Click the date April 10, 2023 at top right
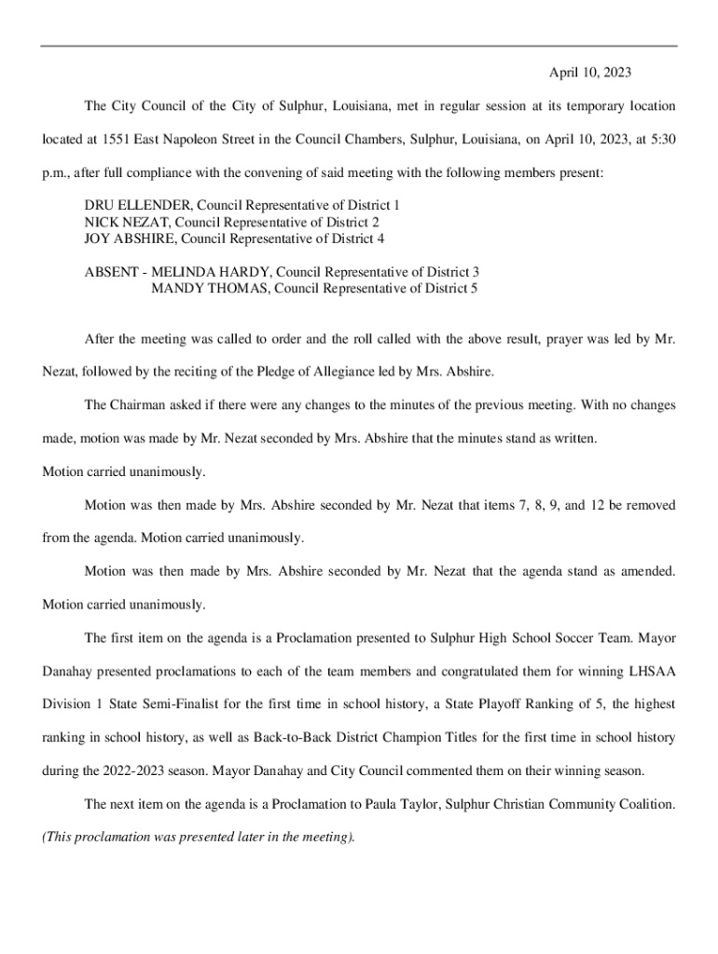pos(591,72)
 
